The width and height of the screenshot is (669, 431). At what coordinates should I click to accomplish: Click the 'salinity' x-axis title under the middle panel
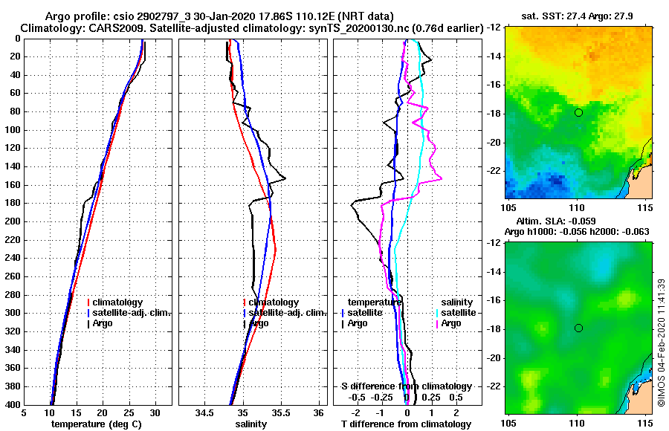(x=252, y=424)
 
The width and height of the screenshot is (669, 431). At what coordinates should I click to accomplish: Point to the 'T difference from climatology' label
(x=407, y=424)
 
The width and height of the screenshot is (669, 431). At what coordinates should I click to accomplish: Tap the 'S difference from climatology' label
(x=407, y=386)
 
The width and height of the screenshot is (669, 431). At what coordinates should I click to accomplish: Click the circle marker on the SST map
(x=578, y=112)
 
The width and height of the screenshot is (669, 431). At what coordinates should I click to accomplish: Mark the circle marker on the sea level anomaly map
(x=578, y=328)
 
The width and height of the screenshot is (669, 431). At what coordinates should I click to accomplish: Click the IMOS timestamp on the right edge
(x=661, y=342)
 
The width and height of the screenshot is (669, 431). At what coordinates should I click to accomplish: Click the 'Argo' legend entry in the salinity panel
(x=259, y=323)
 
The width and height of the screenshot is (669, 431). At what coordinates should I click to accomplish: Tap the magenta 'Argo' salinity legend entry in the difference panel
(x=451, y=323)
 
